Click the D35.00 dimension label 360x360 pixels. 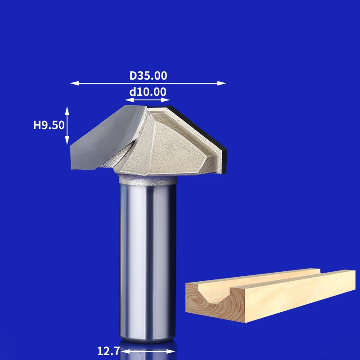click(148, 76)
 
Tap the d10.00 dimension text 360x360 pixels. click(148, 92)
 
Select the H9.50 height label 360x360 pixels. click(49, 125)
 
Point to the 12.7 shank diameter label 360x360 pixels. click(108, 351)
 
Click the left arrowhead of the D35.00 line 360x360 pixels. click(74, 83)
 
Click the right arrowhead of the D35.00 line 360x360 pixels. click(221, 83)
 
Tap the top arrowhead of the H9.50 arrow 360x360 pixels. click(67, 111)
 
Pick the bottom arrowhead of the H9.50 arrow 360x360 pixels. click(67, 140)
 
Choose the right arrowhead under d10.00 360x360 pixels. click(165, 100)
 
